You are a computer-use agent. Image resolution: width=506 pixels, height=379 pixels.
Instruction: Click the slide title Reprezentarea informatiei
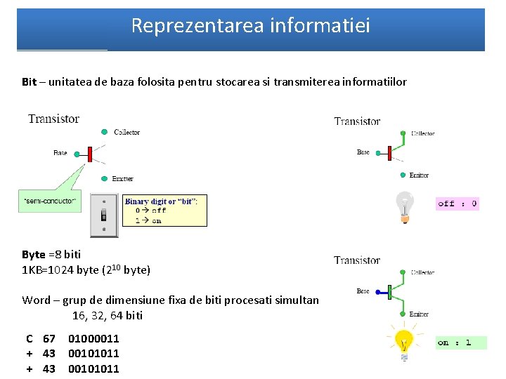250,26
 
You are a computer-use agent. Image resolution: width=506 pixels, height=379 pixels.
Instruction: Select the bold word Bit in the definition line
29,82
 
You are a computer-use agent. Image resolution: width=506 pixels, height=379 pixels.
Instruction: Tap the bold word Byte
33,254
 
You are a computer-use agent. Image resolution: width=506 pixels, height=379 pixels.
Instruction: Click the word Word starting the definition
36,300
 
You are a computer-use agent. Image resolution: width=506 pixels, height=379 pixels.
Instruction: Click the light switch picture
104,215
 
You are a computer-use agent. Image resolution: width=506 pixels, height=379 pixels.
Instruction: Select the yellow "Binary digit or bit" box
165,211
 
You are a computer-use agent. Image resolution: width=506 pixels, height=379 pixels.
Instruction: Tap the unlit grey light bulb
404,206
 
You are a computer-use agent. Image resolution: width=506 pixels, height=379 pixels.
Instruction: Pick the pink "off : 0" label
457,204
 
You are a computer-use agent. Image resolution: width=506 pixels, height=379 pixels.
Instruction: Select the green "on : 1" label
460,343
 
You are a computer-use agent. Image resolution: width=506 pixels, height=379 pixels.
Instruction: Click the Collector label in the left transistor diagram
127,132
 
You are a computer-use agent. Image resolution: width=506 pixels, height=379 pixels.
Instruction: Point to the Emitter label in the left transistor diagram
122,179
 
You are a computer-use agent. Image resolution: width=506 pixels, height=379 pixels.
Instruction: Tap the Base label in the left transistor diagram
60,152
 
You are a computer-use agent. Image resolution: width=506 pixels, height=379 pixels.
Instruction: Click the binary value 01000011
93,338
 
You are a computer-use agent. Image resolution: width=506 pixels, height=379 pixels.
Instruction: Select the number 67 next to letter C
49,338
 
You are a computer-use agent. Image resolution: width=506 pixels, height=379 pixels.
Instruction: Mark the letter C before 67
30,338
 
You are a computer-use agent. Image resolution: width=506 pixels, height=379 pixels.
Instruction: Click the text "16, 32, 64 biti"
107,315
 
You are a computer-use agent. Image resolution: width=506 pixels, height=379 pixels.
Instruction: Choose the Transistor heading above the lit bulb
357,260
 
